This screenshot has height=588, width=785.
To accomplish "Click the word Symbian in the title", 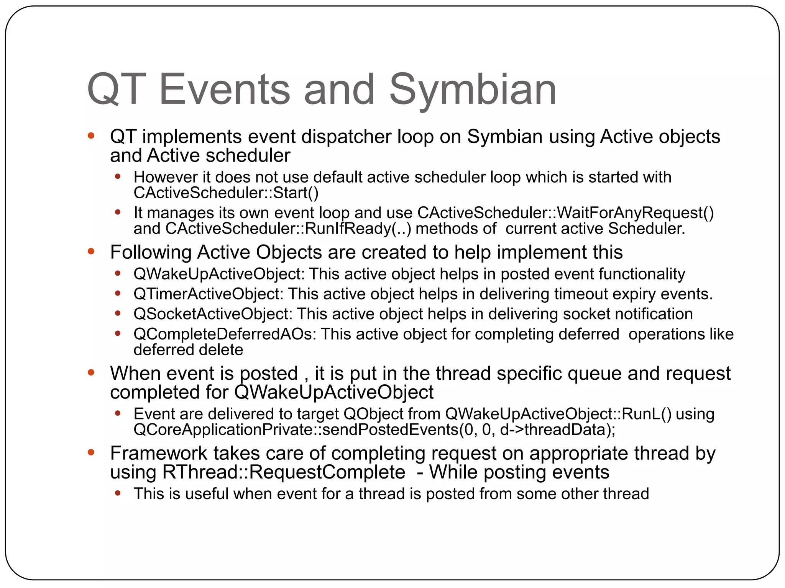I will coord(472,90).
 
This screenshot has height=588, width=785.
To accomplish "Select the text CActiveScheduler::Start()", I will coord(226,193).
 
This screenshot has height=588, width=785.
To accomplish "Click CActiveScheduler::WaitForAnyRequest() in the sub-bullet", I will coord(565,213).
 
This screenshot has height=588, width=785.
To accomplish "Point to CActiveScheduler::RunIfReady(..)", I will coord(288,229).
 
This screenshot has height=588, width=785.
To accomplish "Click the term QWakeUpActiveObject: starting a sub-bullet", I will coord(219,274).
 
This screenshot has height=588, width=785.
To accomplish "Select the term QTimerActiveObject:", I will coord(209,294).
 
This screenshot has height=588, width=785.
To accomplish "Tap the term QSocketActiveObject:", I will coord(213,314).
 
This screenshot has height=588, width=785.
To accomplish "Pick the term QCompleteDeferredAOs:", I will coord(225,334).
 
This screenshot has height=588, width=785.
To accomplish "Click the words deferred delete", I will coord(188,350).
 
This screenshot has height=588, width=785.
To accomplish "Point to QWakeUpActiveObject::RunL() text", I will coord(558,414).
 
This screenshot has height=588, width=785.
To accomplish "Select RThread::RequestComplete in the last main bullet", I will coord(284,472).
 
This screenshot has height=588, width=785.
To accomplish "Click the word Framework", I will coord(158,453).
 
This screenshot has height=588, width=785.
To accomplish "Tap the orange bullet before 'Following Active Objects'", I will coord(91,252).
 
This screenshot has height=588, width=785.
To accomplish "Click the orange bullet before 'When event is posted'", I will coord(91,372).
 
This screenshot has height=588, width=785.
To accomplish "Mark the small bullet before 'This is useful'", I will coord(118,493).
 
